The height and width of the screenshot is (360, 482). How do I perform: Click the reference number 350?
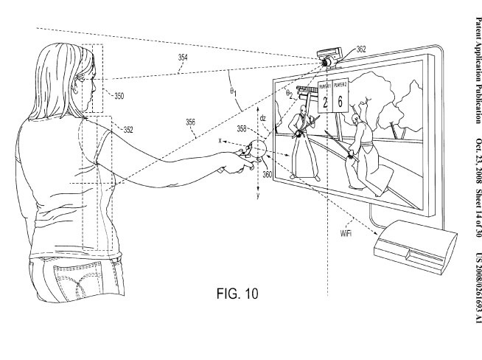pyautogui.click(x=119, y=96)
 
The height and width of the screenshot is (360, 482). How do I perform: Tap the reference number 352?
pyautogui.click(x=128, y=130)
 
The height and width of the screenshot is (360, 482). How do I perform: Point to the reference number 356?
pyautogui.click(x=190, y=122)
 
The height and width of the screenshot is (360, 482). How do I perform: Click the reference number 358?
pyautogui.click(x=242, y=128)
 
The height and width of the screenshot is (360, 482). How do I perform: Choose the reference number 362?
pyautogui.click(x=369, y=49)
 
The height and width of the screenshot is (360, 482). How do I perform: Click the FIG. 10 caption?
pyautogui.click(x=237, y=294)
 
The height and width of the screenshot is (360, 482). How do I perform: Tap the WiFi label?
pyautogui.click(x=346, y=233)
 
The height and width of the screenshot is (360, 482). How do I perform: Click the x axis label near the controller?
pyautogui.click(x=220, y=141)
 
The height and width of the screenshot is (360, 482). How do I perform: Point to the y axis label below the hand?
pyautogui.click(x=258, y=195)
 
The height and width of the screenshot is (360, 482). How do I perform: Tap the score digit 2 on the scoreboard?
pyautogui.click(x=325, y=102)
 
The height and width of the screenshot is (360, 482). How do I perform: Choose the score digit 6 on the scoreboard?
pyautogui.click(x=340, y=101)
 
